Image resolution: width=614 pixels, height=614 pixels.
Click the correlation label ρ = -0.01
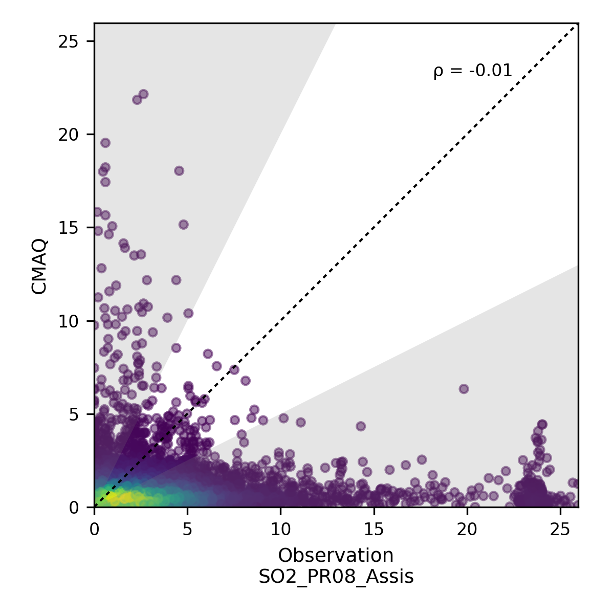click(x=472, y=71)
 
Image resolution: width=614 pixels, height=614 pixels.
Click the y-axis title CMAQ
click(x=40, y=267)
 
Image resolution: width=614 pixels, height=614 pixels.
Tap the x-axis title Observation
click(x=336, y=555)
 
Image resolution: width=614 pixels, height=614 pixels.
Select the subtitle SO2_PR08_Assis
click(x=336, y=577)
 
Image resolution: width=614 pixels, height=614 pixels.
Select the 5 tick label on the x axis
click(x=187, y=528)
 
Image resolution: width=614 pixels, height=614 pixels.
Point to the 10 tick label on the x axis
click(x=280, y=528)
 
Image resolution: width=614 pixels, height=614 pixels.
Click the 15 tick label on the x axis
click(x=374, y=528)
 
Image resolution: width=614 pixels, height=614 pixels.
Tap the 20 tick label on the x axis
click(x=467, y=528)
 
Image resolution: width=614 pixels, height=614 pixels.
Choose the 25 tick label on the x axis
click(x=560, y=528)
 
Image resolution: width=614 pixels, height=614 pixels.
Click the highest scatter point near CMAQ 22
click(x=143, y=94)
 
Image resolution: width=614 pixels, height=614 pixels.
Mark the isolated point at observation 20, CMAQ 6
click(x=464, y=389)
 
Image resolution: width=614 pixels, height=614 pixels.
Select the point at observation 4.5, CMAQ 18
click(x=179, y=171)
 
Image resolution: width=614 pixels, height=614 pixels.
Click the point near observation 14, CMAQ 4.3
click(x=361, y=426)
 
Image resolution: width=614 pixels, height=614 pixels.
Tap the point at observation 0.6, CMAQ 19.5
click(x=105, y=143)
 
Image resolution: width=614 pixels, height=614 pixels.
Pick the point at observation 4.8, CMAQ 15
click(x=183, y=225)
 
